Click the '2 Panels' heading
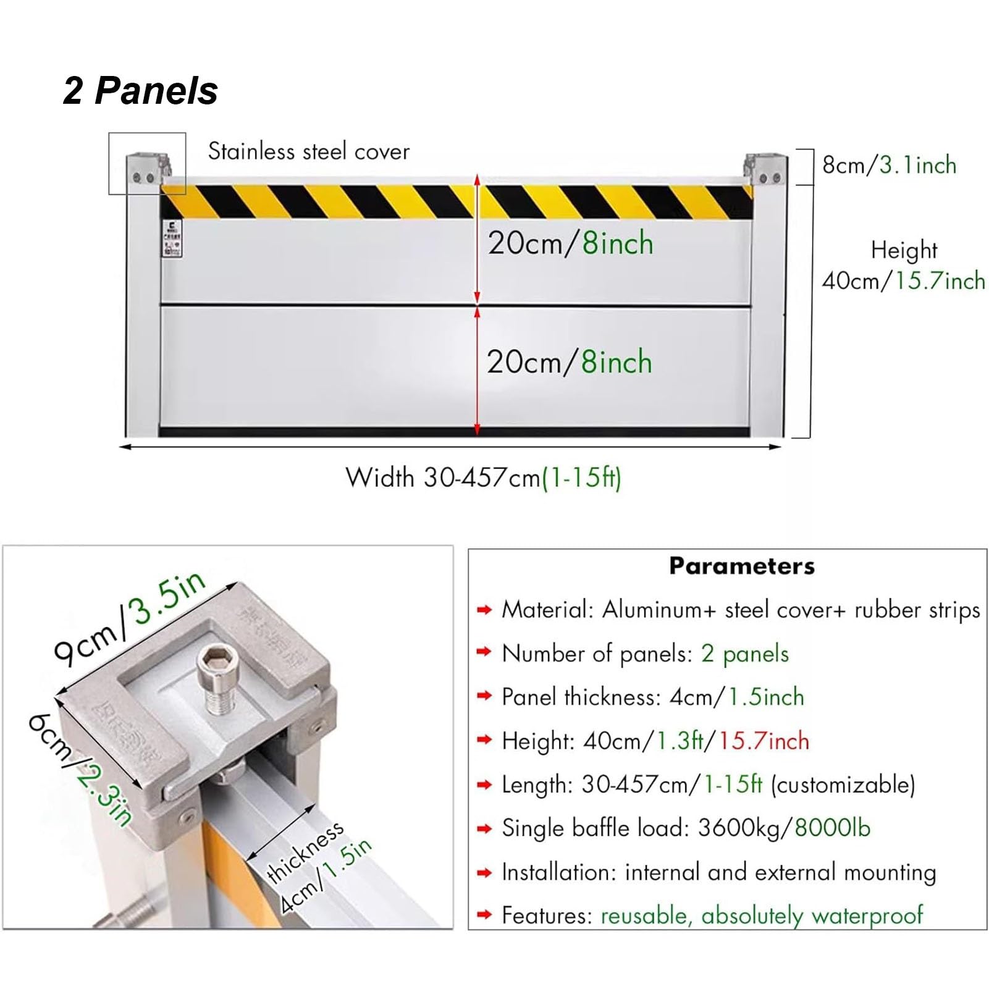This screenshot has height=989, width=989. click(x=140, y=91)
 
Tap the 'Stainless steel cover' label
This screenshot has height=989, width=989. click(x=308, y=151)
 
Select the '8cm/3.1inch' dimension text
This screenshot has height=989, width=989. click(x=889, y=165)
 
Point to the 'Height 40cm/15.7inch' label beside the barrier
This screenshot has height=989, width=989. click(x=903, y=266)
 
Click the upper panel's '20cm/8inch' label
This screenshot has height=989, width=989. click(x=570, y=243)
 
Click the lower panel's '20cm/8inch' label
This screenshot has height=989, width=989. click(x=569, y=361)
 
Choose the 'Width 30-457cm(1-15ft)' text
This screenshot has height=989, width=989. click(x=483, y=478)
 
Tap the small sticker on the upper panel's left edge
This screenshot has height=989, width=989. click(x=171, y=238)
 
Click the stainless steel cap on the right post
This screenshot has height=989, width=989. click(x=766, y=168)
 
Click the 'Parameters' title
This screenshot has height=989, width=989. click(x=741, y=566)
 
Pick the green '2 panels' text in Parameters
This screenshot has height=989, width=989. click(x=744, y=654)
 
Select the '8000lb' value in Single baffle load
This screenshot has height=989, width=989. click(x=832, y=828)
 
